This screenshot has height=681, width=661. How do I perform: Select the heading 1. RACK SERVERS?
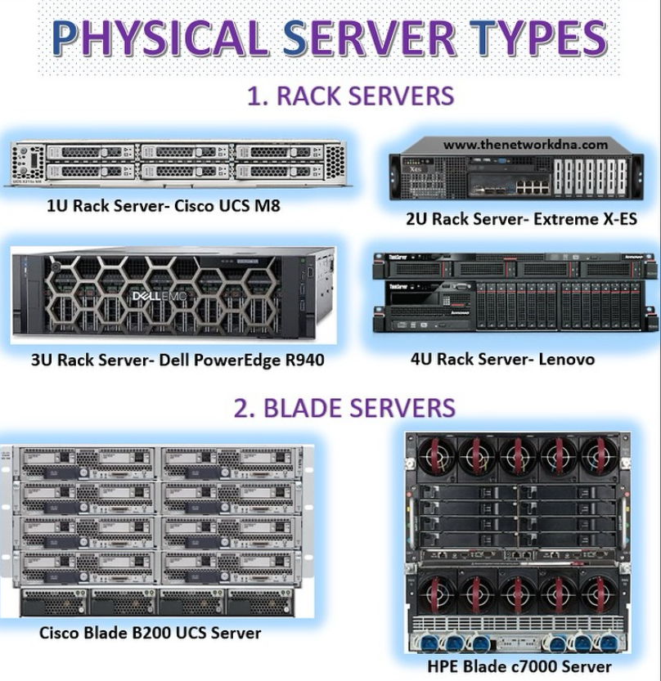(x=350, y=96)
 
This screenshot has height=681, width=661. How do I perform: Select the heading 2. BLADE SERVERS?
(x=344, y=407)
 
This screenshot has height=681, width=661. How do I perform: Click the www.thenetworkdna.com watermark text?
(x=525, y=145)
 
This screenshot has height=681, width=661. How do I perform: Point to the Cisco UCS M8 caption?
(x=163, y=205)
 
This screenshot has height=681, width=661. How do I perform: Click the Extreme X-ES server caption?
(x=521, y=219)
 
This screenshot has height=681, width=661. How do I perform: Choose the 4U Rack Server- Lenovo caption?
(x=502, y=359)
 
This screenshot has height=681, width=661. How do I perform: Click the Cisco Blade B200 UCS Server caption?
(x=151, y=632)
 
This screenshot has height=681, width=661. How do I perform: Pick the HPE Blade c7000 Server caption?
(x=519, y=666)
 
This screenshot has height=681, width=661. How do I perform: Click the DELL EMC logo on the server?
(x=164, y=296)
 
